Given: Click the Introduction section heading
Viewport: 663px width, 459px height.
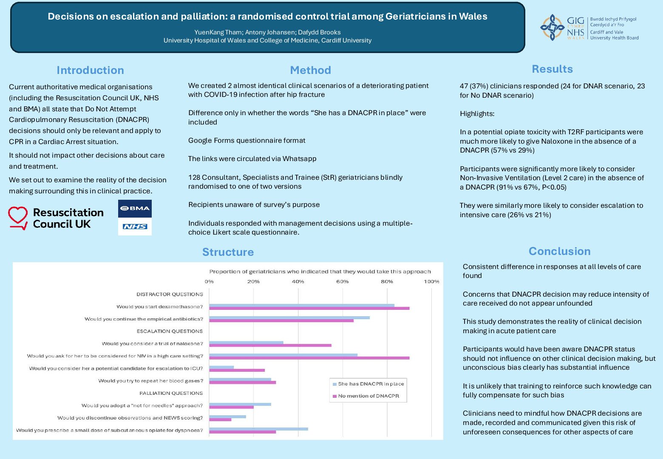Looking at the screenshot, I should click(90, 70).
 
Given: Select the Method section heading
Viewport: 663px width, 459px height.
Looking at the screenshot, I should click(310, 70).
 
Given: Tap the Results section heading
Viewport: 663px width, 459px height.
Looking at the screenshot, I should click(552, 69).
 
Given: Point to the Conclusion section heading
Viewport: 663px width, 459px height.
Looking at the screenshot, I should click(559, 251).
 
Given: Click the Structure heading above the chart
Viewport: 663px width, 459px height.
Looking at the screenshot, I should click(228, 252).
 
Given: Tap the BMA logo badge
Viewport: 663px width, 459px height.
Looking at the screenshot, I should click(135, 208).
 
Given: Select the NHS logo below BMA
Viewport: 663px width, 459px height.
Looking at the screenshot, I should click(135, 227).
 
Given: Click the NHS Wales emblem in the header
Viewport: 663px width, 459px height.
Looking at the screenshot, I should click(552, 28).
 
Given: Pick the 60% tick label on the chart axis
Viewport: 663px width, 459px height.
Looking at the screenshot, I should click(342, 281).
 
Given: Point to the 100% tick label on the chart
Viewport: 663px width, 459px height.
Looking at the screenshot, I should click(431, 281).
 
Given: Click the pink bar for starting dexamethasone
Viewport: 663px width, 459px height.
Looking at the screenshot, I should click(309, 308).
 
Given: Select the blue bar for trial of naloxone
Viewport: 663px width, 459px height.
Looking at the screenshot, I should click(246, 342).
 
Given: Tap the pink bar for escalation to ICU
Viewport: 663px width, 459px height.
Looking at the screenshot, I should click(237, 370).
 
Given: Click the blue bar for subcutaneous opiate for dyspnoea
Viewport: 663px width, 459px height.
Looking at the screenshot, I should click(258, 429).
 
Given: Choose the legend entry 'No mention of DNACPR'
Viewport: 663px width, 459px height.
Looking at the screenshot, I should click(368, 396).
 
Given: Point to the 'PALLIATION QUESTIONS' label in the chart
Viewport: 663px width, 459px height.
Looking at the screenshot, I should click(171, 393).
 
